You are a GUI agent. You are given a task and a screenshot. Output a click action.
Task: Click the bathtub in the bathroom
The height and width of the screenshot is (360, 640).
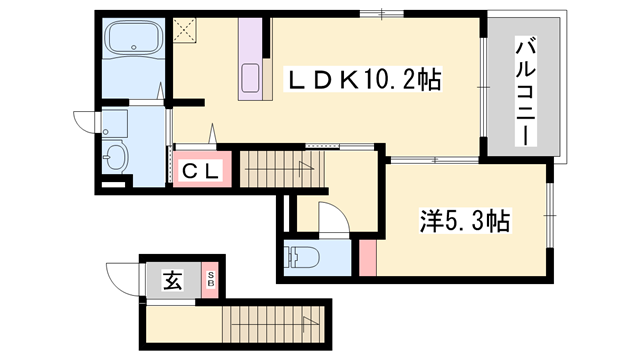pos(133,45)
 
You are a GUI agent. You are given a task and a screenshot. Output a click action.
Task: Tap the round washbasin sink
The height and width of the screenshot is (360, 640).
pos(116,157)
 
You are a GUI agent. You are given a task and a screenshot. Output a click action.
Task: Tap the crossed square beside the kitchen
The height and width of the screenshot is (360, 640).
pos(184,31)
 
